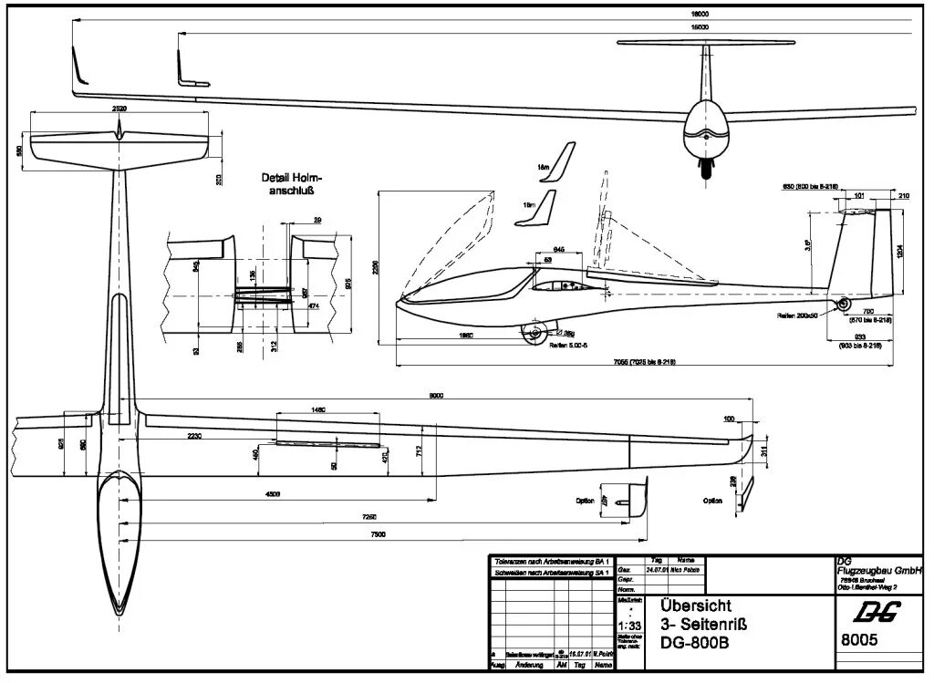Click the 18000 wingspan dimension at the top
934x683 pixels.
700,14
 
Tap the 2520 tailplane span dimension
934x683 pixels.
119,108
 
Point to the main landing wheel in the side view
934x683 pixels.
533,335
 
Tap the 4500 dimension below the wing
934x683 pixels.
274,494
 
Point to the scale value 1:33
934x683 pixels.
628,626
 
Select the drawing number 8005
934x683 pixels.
858,640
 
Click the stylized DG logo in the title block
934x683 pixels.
870,611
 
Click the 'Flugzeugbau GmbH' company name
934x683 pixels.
879,571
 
